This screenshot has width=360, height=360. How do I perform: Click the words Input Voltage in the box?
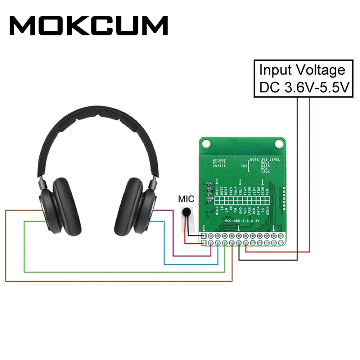coord(302,70)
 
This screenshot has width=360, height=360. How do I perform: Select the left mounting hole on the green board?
coord(207,143)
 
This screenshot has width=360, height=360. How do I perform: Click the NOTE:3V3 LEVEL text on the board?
coord(265,159)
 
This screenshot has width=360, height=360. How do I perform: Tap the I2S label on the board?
coord(245,166)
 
